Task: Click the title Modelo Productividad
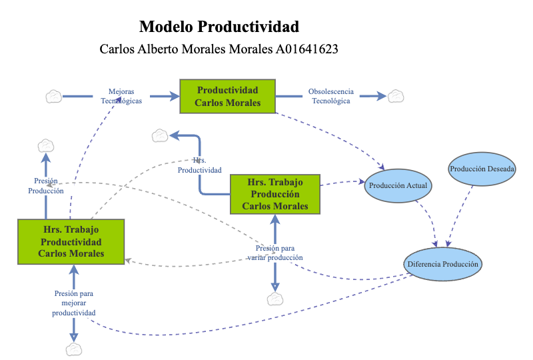(219, 27)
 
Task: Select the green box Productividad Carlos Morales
(228, 97)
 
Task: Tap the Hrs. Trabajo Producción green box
(275, 194)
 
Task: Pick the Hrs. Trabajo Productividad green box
(71, 241)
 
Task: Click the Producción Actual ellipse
(398, 185)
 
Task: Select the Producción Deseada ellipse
(482, 169)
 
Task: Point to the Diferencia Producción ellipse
(442, 264)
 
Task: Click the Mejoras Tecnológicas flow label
(121, 96)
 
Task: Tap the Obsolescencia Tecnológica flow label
(331, 96)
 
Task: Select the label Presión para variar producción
(274, 253)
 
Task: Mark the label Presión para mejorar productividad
(74, 303)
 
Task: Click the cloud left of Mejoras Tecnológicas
(54, 97)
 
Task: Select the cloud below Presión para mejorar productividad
(74, 349)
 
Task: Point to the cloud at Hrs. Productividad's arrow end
(160, 135)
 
